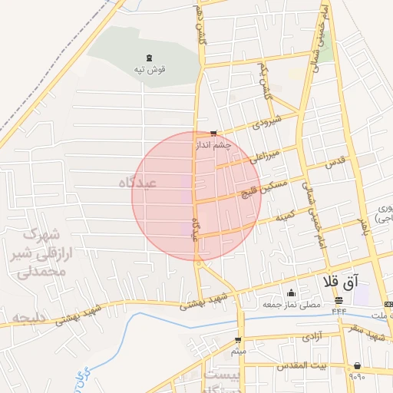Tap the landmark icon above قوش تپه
click(149, 58)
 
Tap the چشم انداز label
click(213, 144)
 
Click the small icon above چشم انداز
click(213, 133)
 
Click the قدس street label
click(335, 163)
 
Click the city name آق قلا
click(352, 282)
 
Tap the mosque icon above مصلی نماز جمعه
click(291, 293)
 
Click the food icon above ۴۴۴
click(339, 299)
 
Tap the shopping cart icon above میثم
click(238, 339)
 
